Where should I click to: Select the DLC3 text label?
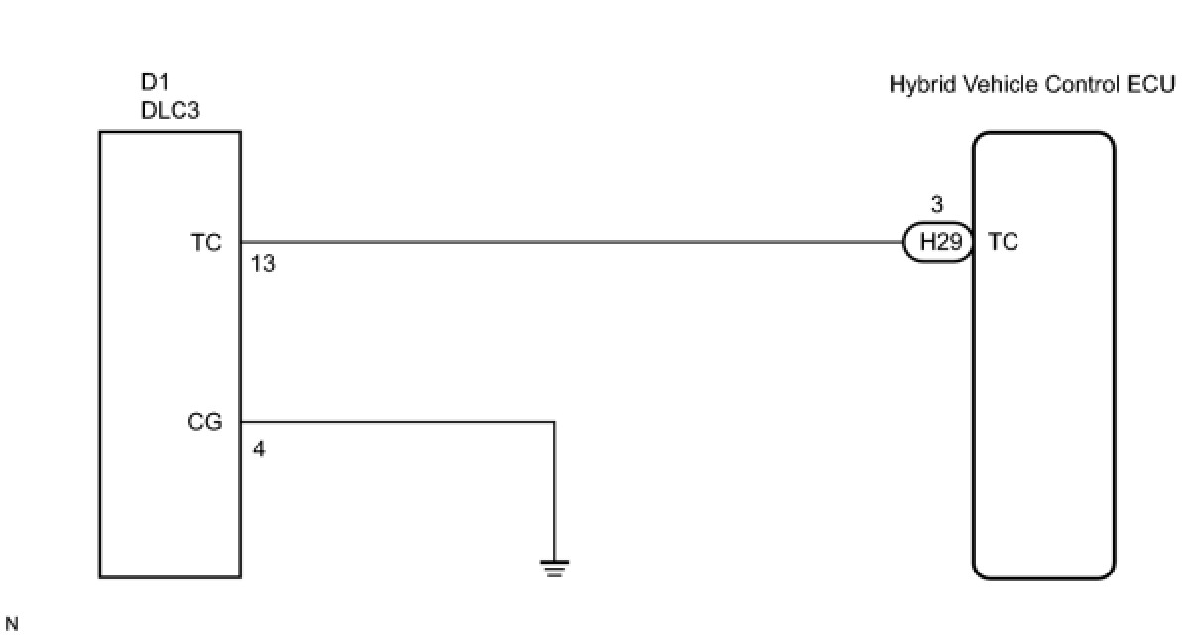tap(170, 111)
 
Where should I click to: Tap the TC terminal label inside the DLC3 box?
tap(206, 242)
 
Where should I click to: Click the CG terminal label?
tap(205, 423)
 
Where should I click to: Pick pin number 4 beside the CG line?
tap(259, 449)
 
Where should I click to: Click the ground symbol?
tap(554, 568)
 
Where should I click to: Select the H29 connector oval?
tap(937, 242)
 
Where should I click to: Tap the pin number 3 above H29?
tap(937, 206)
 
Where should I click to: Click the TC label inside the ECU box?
tap(1003, 242)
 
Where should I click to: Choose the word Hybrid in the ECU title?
tap(917, 85)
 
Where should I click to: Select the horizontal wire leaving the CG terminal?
tap(397, 422)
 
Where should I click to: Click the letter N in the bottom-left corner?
tap(11, 624)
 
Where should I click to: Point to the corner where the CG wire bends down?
tap(554, 422)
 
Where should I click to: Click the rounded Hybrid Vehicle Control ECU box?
tap(1043, 417)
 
